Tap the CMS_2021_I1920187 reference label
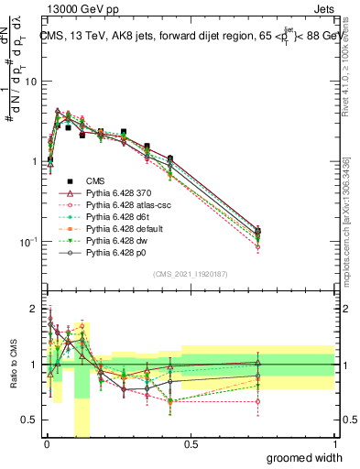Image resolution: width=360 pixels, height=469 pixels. (191, 273)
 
